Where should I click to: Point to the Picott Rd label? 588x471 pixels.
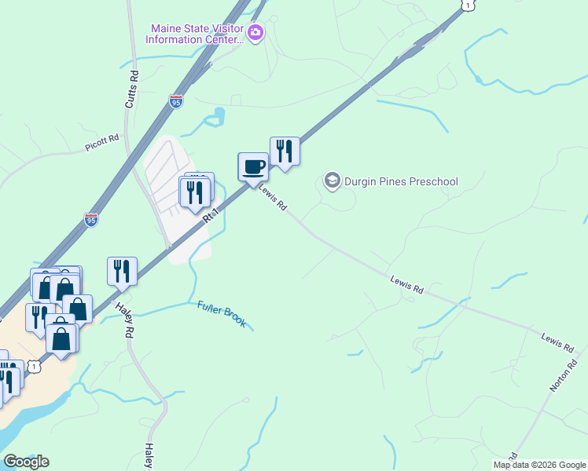tap(102, 142)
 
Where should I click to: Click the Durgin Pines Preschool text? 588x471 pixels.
tap(401, 181)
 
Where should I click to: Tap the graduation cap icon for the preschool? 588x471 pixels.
tap(332, 181)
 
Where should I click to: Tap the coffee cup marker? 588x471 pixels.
tap(252, 167)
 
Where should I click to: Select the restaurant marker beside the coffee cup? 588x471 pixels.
tap(285, 151)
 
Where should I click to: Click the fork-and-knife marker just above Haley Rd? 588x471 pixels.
tap(122, 271)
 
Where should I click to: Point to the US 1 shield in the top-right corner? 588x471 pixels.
tap(469, 5)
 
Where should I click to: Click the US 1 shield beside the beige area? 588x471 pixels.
tap(34, 367)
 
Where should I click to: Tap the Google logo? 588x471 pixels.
tap(26, 461)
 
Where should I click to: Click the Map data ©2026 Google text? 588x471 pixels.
tap(539, 465)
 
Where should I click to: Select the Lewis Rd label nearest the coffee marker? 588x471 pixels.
tap(273, 202)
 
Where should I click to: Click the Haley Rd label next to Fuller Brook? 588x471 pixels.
tap(126, 320)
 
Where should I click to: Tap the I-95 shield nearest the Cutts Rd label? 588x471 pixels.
tap(175, 101)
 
